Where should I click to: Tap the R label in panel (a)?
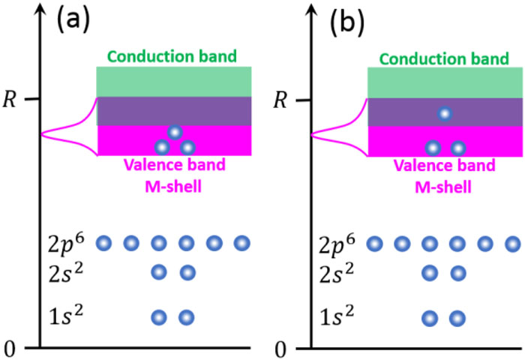[x=10, y=99]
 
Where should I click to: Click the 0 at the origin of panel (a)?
[x=10, y=348]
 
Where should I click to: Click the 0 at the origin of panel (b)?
[x=280, y=348]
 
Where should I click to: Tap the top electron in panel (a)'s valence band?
[x=175, y=132]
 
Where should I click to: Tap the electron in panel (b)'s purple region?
[x=445, y=114]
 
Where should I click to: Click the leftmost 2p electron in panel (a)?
[x=104, y=243]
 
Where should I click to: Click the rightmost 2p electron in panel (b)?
[x=513, y=244]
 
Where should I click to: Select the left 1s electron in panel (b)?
[x=430, y=319]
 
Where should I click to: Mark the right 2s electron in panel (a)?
[x=187, y=271]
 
